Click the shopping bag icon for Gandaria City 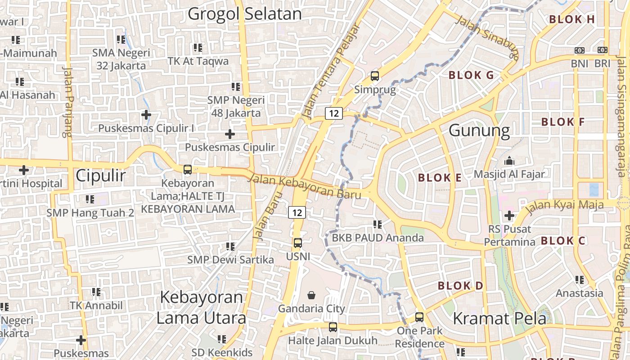[311, 295]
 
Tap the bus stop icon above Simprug [375, 76]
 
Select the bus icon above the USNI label [297, 243]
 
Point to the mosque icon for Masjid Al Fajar [509, 161]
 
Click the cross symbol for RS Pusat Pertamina [509, 216]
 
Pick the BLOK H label [572, 19]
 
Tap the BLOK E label [440, 178]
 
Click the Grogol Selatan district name [244, 14]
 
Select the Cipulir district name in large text [100, 175]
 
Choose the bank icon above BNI [580, 50]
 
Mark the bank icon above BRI [603, 50]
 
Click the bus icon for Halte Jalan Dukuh [333, 327]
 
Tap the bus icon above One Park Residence [419, 317]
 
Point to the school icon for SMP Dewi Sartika [230, 247]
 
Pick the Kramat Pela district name [499, 319]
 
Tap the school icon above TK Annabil [96, 292]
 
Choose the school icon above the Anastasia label [580, 280]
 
